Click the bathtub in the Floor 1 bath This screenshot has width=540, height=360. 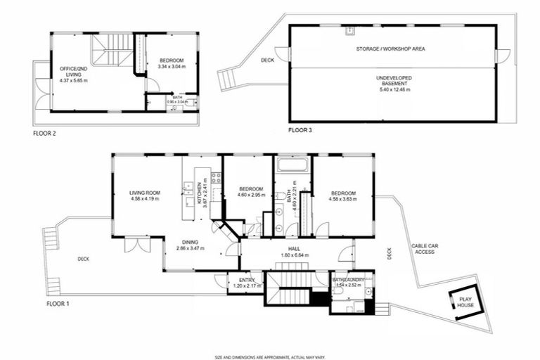pyautogui.click(x=291, y=167)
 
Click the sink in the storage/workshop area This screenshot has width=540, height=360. pyautogui.click(x=348, y=30)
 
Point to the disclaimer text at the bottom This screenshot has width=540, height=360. pyautogui.click(x=270, y=356)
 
